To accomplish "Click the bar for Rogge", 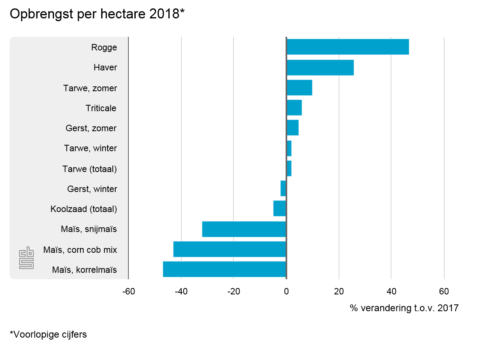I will (x=347, y=47).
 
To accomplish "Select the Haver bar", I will (x=320, y=67).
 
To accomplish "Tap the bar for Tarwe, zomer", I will (x=299, y=88).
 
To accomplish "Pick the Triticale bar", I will (x=294, y=108).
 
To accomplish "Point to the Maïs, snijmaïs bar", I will (x=244, y=229).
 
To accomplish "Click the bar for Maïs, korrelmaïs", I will (x=224, y=269).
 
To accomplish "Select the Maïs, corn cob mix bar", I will (x=230, y=249).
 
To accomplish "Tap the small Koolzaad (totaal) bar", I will (x=280, y=208).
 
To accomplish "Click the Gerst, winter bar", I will (x=283, y=188).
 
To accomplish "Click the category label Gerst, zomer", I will (x=91, y=128).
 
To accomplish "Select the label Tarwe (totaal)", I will (x=90, y=169).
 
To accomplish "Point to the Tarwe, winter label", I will (x=90, y=148).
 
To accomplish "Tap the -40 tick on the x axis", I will (x=181, y=291).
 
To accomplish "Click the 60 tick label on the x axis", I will (x=444, y=291).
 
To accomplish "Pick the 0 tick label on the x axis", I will (x=286, y=291).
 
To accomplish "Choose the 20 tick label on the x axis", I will (x=339, y=291).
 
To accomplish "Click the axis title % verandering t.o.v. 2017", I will (x=404, y=308).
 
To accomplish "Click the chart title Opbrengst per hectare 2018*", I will (x=97, y=14).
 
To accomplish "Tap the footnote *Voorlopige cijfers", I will (x=48, y=334).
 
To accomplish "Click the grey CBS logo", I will (x=26, y=258).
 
